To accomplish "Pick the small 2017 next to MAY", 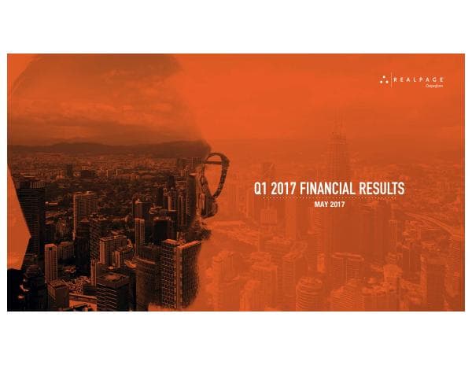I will (x=338, y=205).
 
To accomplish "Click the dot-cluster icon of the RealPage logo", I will (x=384, y=79).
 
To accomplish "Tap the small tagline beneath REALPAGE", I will (x=435, y=86).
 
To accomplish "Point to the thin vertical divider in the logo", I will (x=392, y=79).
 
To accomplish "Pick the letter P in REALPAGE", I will (x=423, y=79).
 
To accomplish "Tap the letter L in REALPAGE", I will (x=417, y=79).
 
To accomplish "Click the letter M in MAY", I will (x=316, y=205).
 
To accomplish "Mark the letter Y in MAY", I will (x=325, y=205).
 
